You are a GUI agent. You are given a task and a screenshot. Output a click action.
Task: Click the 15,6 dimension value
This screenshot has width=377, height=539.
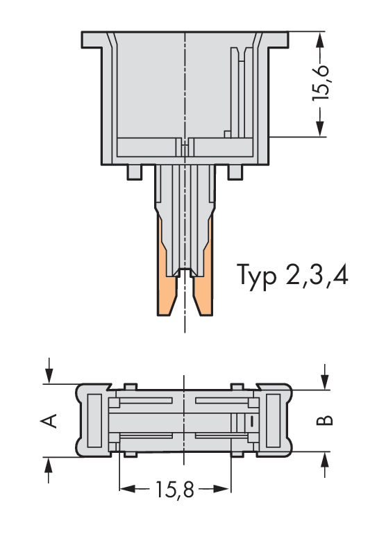[x=320, y=83]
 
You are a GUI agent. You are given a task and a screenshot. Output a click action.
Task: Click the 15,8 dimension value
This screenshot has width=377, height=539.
[x=175, y=490]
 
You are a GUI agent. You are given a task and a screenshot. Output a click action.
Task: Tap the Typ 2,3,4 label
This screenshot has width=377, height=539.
[x=292, y=276]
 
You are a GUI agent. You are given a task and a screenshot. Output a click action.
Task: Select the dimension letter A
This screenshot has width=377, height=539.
[x=49, y=421]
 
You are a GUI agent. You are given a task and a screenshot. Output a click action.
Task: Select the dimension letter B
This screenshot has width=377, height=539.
[x=324, y=420]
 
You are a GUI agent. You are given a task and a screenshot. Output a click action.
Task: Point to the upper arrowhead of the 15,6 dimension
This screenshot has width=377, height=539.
[x=320, y=41]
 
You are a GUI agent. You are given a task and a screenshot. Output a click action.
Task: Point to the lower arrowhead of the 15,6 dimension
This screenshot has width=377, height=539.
[x=320, y=127]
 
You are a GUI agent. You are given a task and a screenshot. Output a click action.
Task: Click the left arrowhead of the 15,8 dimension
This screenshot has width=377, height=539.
[x=128, y=489]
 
